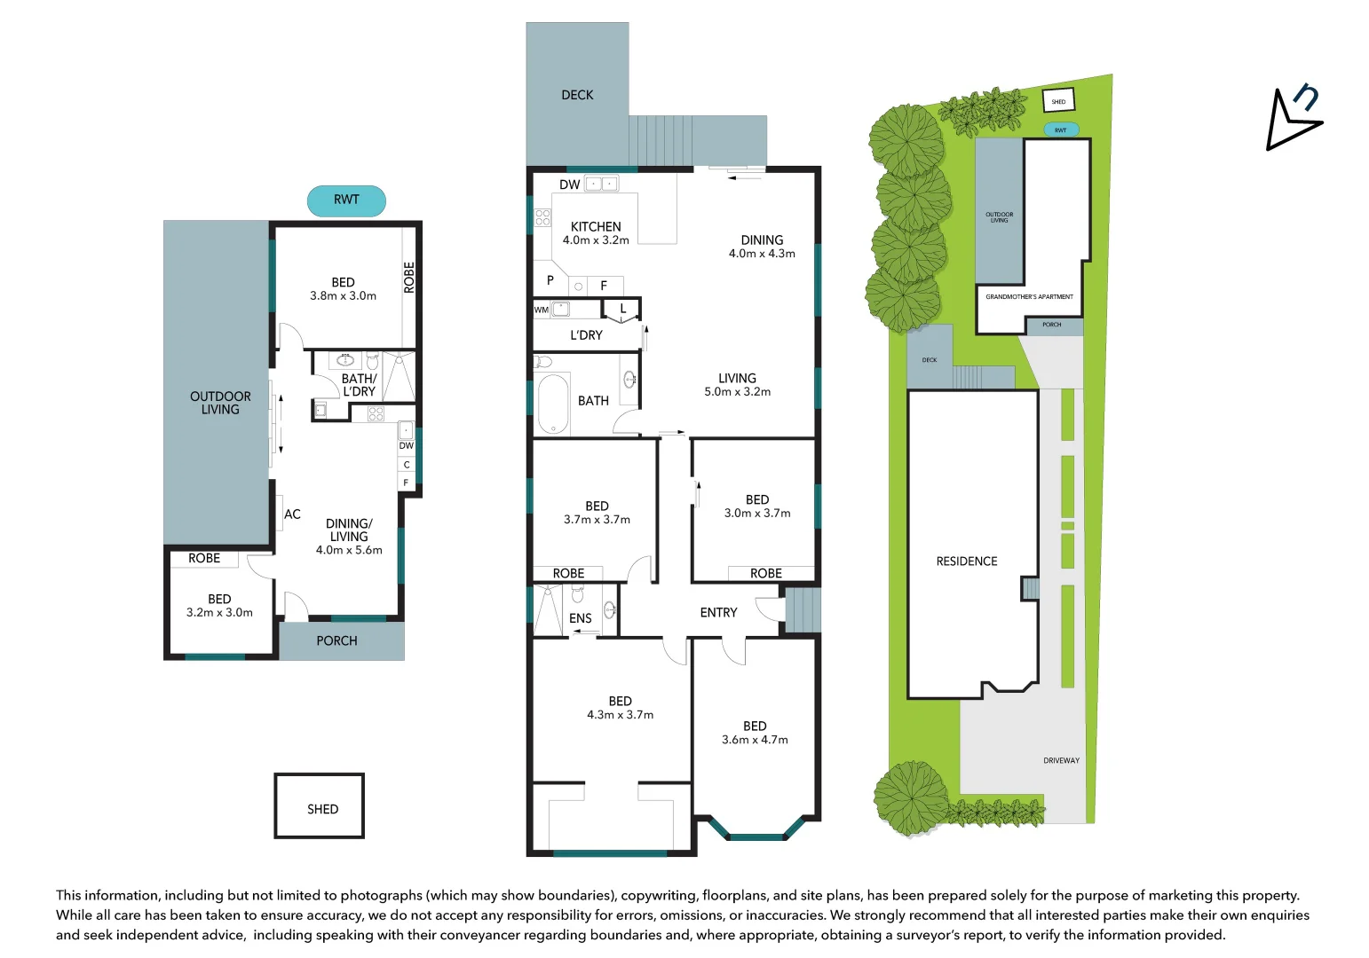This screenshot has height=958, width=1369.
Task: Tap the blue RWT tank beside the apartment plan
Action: click(346, 200)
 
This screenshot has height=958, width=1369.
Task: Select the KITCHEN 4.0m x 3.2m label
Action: click(596, 233)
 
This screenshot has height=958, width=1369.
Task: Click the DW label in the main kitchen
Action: click(569, 185)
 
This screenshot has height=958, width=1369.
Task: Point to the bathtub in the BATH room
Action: click(553, 404)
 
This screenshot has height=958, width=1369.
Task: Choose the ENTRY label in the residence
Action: click(718, 612)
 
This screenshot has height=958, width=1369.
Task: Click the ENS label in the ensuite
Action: click(580, 618)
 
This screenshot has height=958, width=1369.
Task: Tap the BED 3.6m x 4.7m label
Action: click(755, 733)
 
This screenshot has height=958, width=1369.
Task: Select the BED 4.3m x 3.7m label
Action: click(620, 708)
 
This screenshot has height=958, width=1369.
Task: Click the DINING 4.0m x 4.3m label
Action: click(762, 247)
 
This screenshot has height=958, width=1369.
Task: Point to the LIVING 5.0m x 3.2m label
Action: click(737, 384)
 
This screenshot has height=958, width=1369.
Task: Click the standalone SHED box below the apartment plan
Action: click(320, 806)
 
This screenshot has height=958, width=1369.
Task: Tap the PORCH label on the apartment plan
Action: click(336, 640)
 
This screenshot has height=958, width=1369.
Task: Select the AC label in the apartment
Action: click(292, 514)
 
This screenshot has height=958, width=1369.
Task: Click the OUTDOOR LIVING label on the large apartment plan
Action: click(220, 403)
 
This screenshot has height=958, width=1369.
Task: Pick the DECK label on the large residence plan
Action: click(577, 95)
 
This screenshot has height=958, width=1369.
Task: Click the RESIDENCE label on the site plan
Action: click(967, 561)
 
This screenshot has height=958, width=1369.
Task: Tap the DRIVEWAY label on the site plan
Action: click(1061, 760)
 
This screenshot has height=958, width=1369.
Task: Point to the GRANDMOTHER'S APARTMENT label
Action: click(1029, 297)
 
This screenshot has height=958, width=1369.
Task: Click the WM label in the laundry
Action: click(542, 310)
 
